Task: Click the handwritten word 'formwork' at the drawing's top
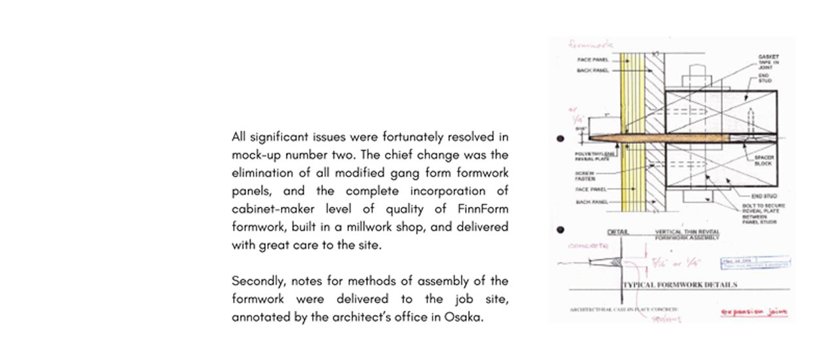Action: coord(591,45)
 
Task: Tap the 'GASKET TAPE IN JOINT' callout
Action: coord(767,63)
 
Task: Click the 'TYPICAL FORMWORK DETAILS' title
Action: coord(680,285)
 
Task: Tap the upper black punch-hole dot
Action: coord(560,139)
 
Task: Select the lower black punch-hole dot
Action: coord(560,230)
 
